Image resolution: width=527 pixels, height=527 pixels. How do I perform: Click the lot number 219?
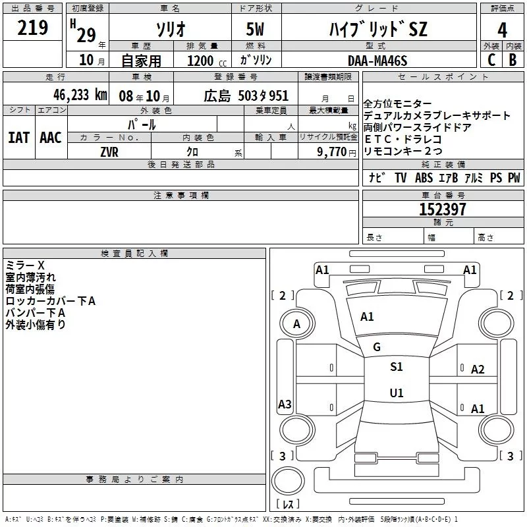(x=33, y=28)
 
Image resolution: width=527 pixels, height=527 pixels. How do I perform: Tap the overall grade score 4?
(x=503, y=30)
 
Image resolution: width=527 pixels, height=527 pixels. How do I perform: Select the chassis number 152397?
(x=443, y=209)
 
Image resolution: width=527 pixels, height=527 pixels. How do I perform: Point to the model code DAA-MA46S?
(x=377, y=60)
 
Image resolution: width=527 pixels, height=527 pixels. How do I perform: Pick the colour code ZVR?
(x=109, y=151)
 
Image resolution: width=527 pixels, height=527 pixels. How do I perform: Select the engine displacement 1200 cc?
(x=205, y=60)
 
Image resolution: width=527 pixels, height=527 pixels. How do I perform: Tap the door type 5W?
(x=256, y=30)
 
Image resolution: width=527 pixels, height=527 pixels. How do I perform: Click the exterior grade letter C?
(x=491, y=59)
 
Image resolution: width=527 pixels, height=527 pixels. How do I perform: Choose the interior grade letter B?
(x=513, y=59)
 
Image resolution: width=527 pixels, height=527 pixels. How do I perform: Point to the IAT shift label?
(x=18, y=137)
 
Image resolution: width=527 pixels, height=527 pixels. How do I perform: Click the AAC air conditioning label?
(x=51, y=137)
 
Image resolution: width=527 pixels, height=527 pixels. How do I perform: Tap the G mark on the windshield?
(x=377, y=347)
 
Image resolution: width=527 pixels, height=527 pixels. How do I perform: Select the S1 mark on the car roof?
(x=396, y=367)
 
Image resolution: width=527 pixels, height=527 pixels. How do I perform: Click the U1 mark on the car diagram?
(x=396, y=393)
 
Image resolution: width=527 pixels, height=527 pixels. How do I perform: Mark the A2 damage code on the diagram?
(x=478, y=370)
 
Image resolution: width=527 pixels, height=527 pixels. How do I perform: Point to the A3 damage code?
(x=285, y=404)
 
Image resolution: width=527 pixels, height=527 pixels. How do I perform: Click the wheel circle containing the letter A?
(x=296, y=323)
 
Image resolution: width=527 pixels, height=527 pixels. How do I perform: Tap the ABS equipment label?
(x=424, y=178)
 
